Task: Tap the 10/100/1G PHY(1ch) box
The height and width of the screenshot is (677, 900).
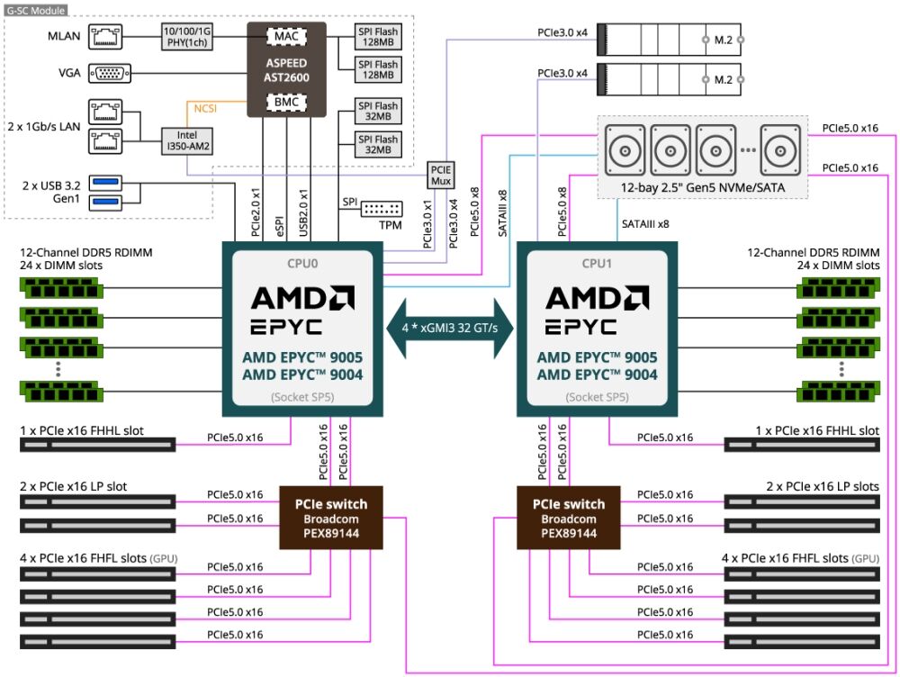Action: (186, 37)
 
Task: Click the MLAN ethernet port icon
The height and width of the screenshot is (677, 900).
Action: (110, 37)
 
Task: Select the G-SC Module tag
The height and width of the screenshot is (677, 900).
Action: (33, 7)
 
